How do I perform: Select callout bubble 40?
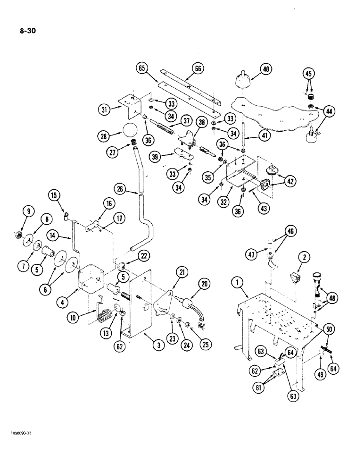[x=265, y=69]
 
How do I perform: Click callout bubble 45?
[x=308, y=73]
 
